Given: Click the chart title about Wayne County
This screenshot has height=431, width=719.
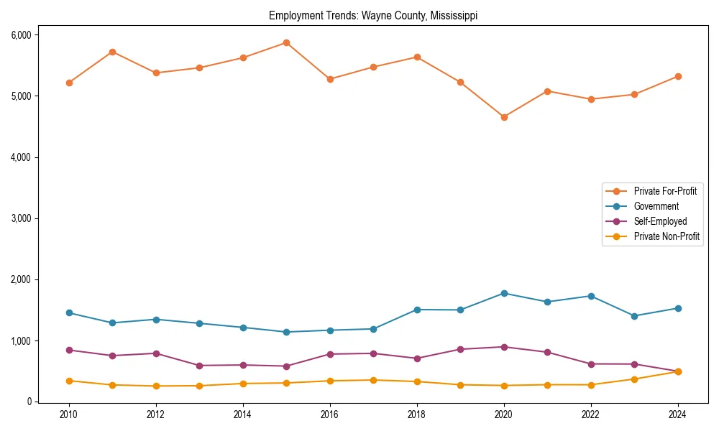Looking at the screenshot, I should point(373,15).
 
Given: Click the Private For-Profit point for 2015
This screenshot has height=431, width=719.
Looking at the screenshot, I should point(286,42).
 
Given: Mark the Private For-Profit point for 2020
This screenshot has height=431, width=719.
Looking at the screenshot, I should point(504,117).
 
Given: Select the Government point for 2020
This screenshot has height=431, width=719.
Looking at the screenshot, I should point(504,293).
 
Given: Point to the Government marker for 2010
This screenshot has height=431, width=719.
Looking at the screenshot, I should point(69,312).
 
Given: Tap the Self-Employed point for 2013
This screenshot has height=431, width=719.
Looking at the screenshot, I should point(199,366).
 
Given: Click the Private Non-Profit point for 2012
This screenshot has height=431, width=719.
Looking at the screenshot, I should point(156,386).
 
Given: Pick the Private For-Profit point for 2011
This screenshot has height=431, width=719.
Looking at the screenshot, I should point(112,52).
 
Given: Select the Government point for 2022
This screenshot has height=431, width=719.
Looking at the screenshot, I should point(591,296).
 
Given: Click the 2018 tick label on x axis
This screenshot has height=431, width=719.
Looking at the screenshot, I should point(417,414).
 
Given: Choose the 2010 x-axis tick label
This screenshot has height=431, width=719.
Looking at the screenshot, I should point(69,414).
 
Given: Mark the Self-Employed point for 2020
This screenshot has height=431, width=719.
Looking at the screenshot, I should point(504,347).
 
